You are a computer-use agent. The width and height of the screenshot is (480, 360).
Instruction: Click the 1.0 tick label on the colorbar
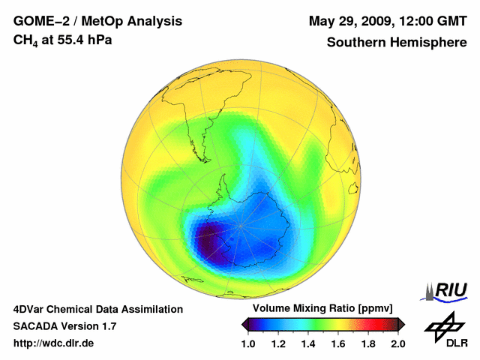(x=249, y=344)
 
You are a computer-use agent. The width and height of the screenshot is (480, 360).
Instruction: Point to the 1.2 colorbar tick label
(x=279, y=344)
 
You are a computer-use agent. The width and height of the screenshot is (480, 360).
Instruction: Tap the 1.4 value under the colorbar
(x=308, y=344)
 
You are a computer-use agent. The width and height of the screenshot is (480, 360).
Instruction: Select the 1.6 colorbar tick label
(x=338, y=344)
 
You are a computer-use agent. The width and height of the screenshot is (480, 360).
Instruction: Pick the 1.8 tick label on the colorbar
(x=368, y=344)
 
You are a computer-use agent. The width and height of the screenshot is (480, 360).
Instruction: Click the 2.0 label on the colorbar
(x=397, y=344)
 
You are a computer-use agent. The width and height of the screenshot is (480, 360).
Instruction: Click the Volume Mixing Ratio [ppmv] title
(x=323, y=309)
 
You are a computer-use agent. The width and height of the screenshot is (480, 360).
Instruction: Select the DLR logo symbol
(x=442, y=325)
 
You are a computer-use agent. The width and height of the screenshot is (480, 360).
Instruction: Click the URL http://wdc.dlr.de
(x=54, y=343)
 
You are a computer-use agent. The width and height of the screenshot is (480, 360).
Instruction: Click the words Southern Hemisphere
(x=397, y=43)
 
